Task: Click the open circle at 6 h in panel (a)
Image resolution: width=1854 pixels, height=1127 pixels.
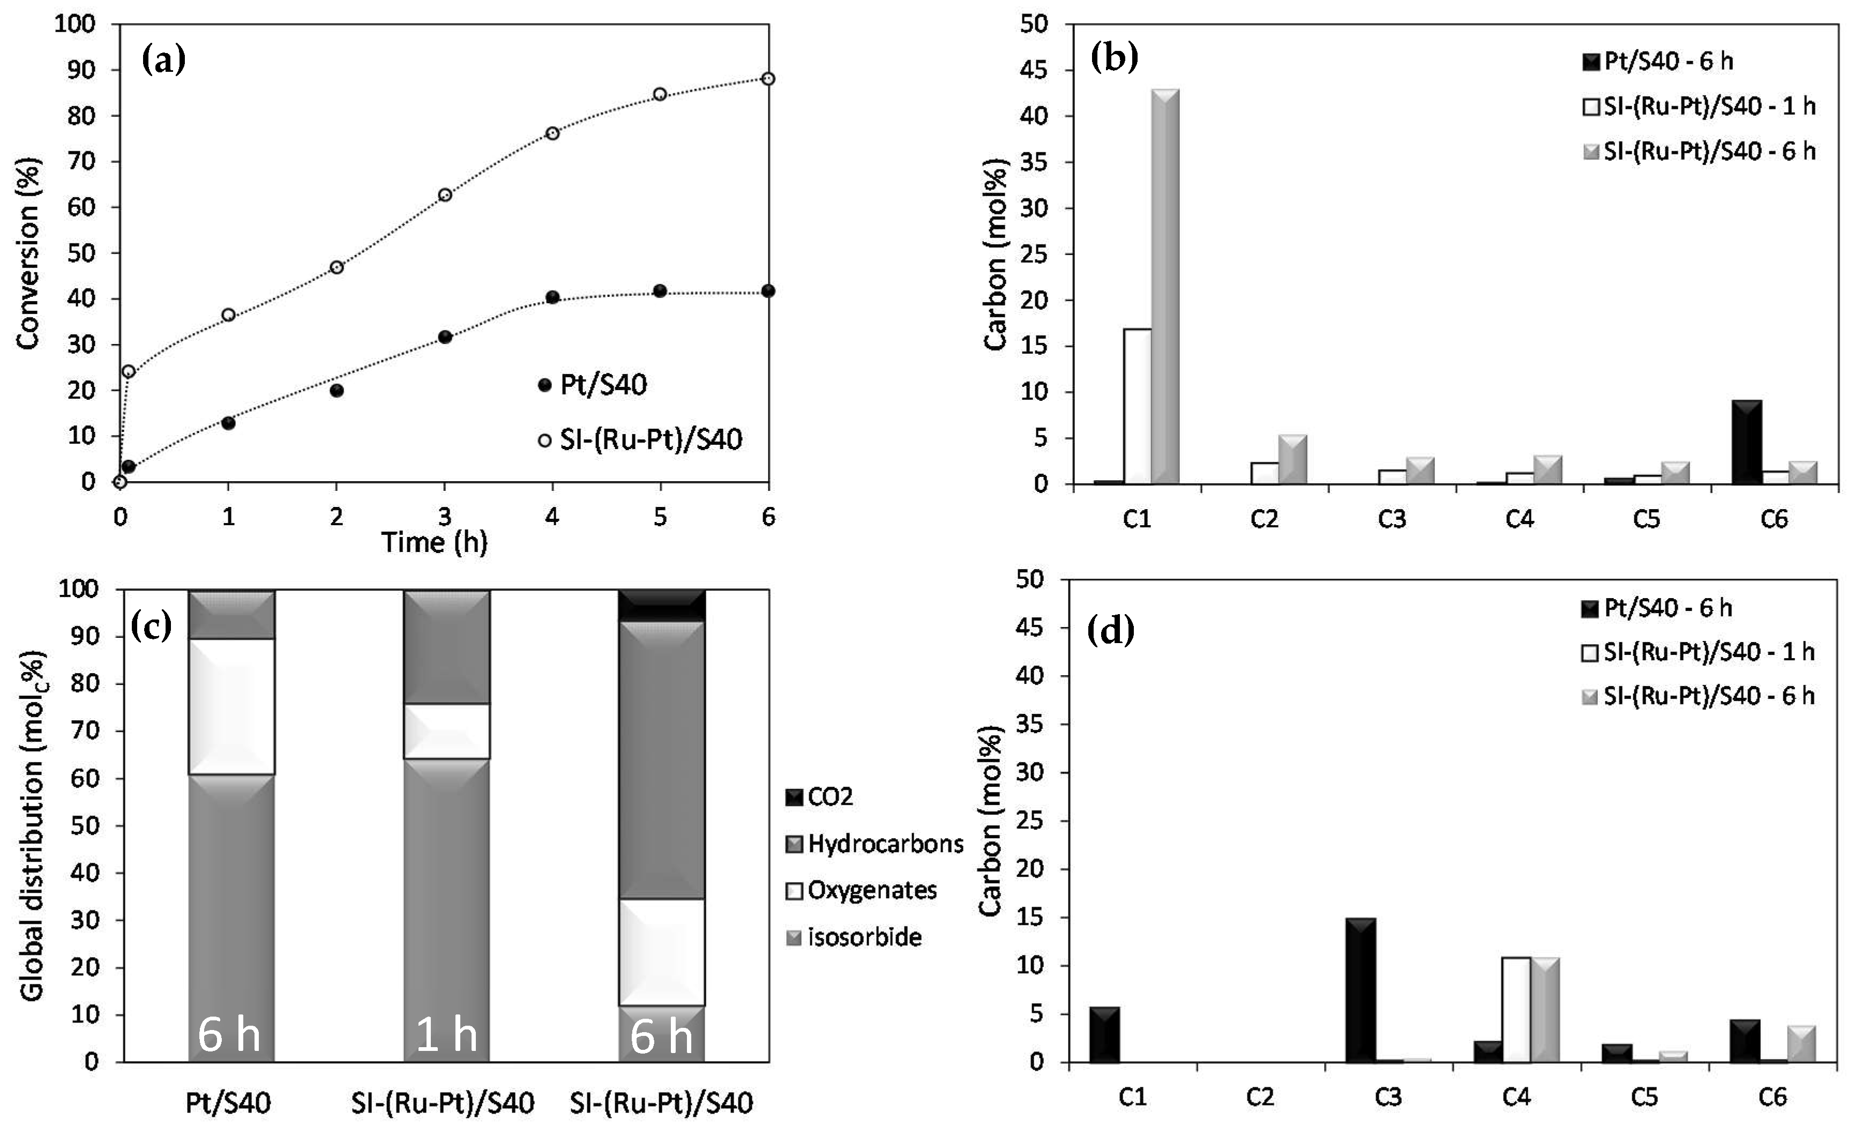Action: coord(767,79)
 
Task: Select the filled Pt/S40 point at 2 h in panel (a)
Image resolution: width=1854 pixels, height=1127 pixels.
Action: coord(337,391)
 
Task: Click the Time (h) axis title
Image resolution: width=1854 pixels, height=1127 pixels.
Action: coord(434,542)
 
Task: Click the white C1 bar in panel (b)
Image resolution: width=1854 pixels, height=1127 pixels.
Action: coord(1137,406)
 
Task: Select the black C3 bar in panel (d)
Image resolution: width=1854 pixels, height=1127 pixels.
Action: coord(1360,989)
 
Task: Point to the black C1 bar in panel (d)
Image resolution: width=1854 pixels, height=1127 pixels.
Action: coord(1104,1034)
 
